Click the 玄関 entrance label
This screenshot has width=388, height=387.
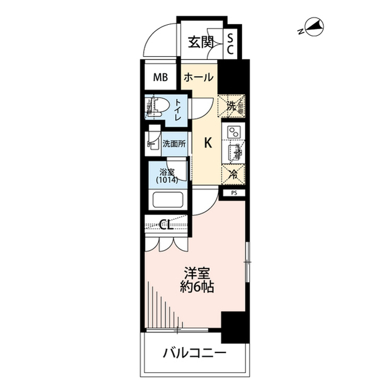pyautogui.click(x=200, y=42)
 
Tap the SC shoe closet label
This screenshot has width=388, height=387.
pyautogui.click(x=230, y=44)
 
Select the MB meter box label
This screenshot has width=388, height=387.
pyautogui.click(x=160, y=78)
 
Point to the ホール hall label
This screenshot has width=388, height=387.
pyautogui.click(x=198, y=78)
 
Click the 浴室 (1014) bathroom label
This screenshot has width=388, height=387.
pyautogui.click(x=167, y=175)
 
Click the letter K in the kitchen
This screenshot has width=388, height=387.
pyautogui.click(x=207, y=144)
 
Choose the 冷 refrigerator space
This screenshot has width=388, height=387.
pyautogui.click(x=233, y=174)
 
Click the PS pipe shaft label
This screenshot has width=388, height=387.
pyautogui.click(x=233, y=194)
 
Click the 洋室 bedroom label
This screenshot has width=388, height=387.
pyautogui.click(x=197, y=273)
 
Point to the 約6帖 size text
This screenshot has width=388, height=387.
pyautogui.click(x=197, y=288)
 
